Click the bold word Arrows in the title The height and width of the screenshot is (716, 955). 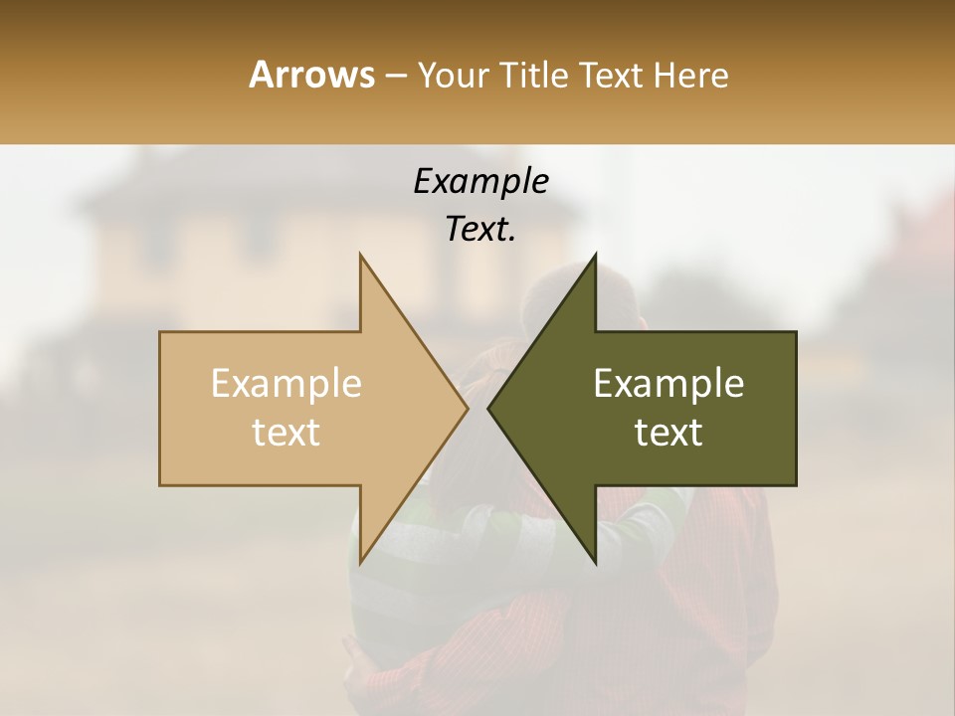click(311, 75)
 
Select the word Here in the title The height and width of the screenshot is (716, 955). click(691, 75)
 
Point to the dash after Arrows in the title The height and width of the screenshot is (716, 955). click(394, 76)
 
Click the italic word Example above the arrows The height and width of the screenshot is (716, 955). click(480, 181)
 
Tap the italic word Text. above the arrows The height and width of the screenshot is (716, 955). click(480, 229)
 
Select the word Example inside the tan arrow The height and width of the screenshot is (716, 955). click(286, 384)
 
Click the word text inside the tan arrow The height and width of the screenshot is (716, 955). click(286, 433)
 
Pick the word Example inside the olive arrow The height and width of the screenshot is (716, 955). click(668, 384)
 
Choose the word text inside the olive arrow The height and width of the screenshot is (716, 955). click(668, 433)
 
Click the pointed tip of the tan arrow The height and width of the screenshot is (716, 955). click(466, 408)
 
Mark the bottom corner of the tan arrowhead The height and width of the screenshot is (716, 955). click(361, 562)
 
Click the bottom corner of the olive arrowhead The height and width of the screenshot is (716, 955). click(595, 562)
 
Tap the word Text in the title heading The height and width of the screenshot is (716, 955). click(612, 75)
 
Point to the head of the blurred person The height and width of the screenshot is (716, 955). click(577, 298)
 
